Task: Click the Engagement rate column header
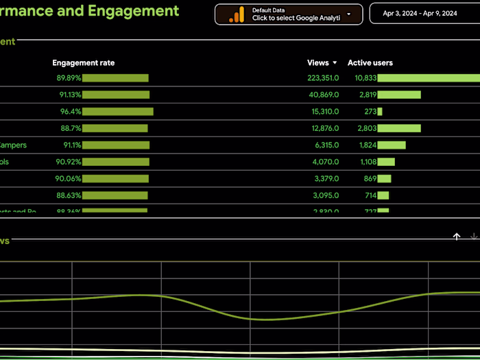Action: [84, 63]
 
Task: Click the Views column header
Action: [317, 63]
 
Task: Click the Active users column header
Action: [370, 63]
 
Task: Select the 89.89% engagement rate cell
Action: [69, 78]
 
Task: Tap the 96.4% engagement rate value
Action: [71, 111]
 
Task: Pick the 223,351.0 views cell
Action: [324, 78]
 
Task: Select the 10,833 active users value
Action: [365, 78]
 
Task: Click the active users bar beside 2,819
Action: [399, 95]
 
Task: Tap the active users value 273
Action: [370, 111]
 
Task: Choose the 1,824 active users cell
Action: [368, 145]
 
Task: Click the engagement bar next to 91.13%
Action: [116, 95]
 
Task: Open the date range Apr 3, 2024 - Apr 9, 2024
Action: [420, 13]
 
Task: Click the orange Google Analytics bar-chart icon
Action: [237, 14]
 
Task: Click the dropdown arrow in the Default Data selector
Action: [349, 14]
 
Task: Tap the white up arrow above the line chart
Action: [457, 237]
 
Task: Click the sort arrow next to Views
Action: [335, 63]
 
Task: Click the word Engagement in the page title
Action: [132, 11]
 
